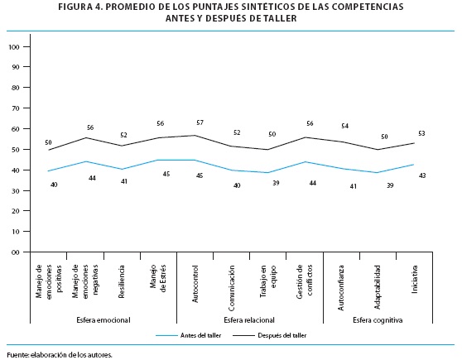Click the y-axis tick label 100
pyautogui.click(x=14, y=47)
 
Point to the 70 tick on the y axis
pyautogui.click(x=16, y=108)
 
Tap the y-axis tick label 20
pyautogui.click(x=16, y=211)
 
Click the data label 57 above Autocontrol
pyautogui.click(x=200, y=122)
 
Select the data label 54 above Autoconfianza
pyautogui.click(x=344, y=126)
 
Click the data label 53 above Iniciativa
pyautogui.click(x=421, y=133)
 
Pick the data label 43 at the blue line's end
pyautogui.click(x=422, y=175)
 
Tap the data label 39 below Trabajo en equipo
pyautogui.click(x=276, y=183)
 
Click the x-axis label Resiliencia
pyautogui.click(x=122, y=281)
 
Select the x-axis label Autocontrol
pyautogui.click(x=195, y=284)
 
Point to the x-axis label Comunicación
pyautogui.click(x=232, y=288)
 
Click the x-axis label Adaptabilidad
pyautogui.click(x=378, y=287)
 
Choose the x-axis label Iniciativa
pyautogui.click(x=415, y=279)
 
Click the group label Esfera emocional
pyautogui.click(x=103, y=320)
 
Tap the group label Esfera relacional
pyautogui.click(x=249, y=320)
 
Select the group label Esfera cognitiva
pyautogui.click(x=378, y=320)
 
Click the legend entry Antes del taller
pyautogui.click(x=200, y=335)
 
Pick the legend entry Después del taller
pyautogui.click(x=282, y=335)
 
